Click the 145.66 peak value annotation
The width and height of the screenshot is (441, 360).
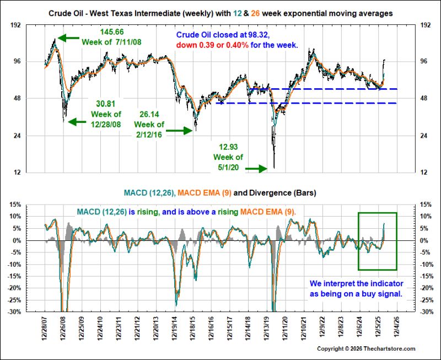tap(112, 32)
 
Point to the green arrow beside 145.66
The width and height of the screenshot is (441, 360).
tap(68, 37)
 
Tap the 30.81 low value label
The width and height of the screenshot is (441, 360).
tap(106, 104)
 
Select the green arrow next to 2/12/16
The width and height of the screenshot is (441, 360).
tap(179, 131)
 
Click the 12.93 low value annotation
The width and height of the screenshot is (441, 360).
tap(228, 147)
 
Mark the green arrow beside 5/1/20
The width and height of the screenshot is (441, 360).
tap(256, 169)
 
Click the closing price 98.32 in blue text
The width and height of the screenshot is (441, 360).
tap(259, 35)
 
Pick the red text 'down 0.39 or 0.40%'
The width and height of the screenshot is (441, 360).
tap(213, 45)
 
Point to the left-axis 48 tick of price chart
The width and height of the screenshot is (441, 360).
tap(18, 98)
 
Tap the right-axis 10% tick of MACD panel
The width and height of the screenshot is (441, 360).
tap(426, 216)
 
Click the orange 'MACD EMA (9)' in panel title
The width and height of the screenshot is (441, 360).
tap(205, 193)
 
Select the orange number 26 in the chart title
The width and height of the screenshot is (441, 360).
tap(255, 13)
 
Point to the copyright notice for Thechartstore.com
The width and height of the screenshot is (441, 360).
tap(366, 349)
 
